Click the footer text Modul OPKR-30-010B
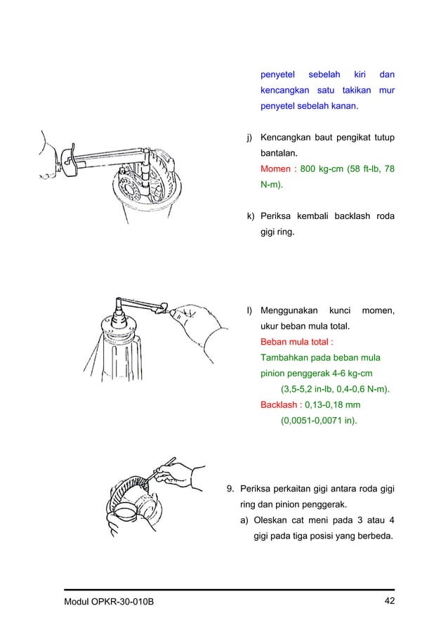(109, 602)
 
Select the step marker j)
(249, 138)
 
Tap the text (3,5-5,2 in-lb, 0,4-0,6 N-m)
(336, 389)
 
